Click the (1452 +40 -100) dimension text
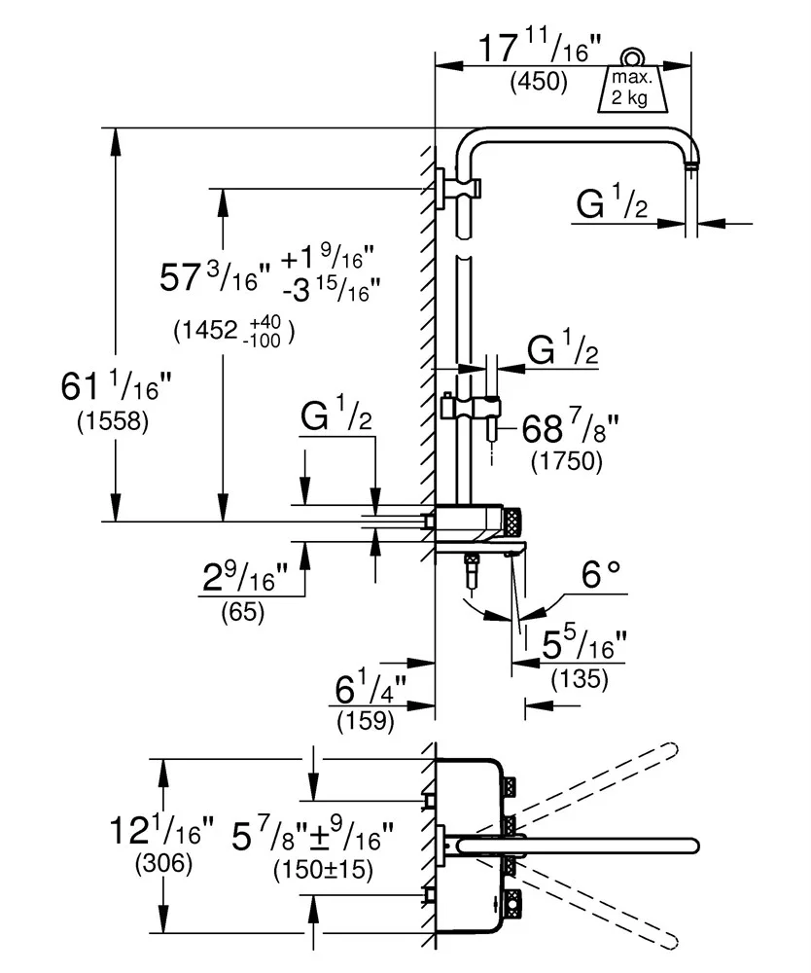click(x=234, y=331)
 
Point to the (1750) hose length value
click(x=567, y=461)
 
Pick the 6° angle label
click(x=601, y=578)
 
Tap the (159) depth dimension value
click(x=365, y=721)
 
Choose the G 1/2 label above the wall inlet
click(x=336, y=419)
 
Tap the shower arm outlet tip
click(x=691, y=167)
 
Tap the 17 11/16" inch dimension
click(x=539, y=48)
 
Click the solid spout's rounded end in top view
click(x=691, y=845)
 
